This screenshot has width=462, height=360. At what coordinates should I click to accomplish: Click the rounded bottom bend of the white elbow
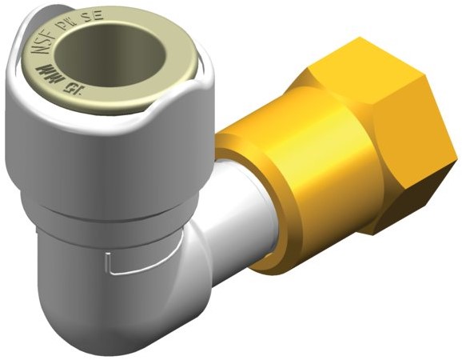[x=104, y=320]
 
